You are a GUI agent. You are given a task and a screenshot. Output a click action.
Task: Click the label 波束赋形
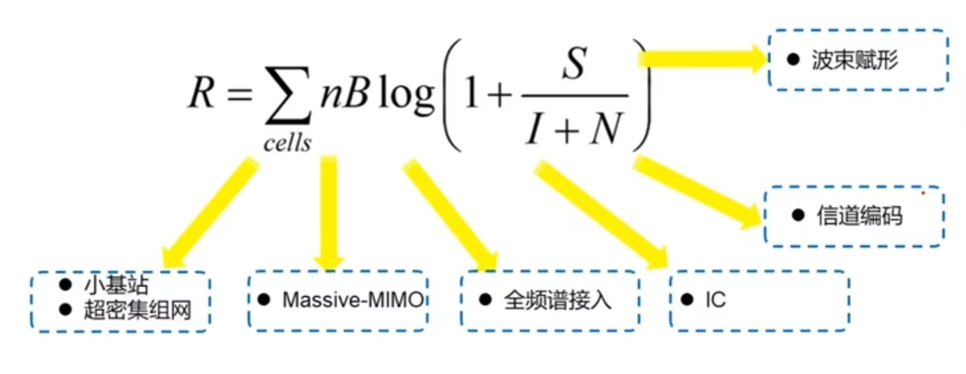(x=854, y=60)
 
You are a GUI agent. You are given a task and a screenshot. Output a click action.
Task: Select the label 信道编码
(x=859, y=216)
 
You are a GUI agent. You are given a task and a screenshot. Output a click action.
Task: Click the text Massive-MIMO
(x=353, y=300)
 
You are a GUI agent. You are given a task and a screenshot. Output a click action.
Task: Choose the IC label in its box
(x=716, y=300)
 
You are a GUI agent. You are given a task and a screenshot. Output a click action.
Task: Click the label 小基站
(x=116, y=285)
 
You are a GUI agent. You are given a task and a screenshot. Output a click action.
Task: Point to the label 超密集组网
(x=137, y=309)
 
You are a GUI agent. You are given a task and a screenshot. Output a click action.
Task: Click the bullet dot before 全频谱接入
(x=485, y=300)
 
